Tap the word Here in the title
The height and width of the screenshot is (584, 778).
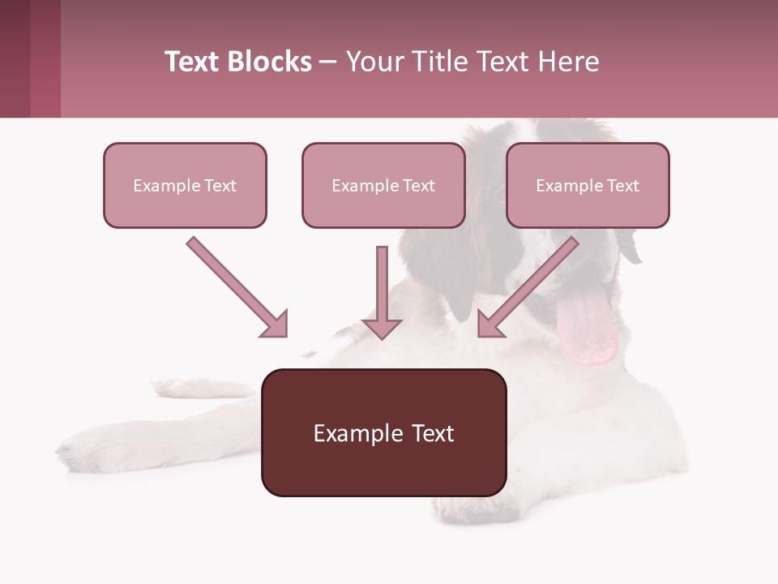tap(569, 62)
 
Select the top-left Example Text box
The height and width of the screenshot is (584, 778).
tap(185, 185)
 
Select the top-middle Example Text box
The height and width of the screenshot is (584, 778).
tap(383, 185)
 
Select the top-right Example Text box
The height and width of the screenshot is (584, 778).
tap(588, 185)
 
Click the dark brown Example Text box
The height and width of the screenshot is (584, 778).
tap(383, 432)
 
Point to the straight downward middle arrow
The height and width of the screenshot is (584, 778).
tap(382, 292)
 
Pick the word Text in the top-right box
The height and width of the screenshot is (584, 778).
tap(623, 186)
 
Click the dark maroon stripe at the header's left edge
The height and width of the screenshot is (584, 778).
tap(15, 58)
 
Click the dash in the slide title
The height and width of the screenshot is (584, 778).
tap(328, 62)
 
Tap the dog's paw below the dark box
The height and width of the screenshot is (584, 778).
tap(470, 508)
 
